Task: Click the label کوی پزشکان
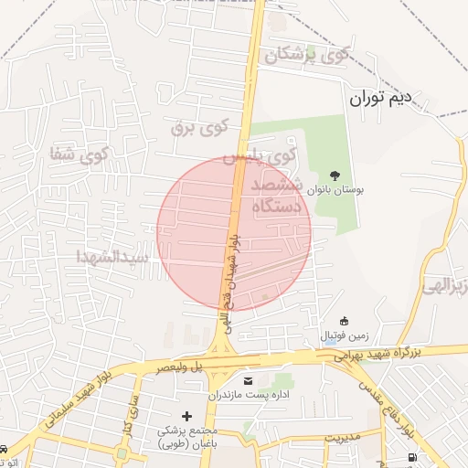[307, 55]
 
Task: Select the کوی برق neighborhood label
[198, 126]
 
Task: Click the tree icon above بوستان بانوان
[335, 174]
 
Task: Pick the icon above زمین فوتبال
[345, 321]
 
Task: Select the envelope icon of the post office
[248, 379]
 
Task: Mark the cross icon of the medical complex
[186, 416]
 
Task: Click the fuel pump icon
[412, 457]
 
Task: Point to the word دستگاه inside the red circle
[264, 207]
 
